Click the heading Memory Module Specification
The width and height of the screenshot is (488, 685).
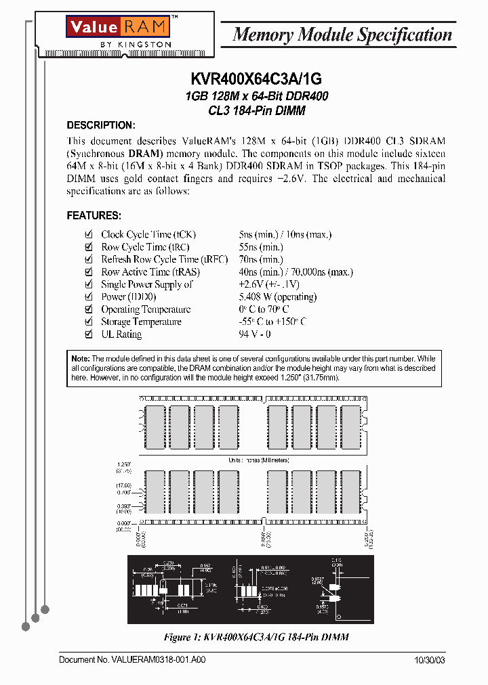(x=342, y=35)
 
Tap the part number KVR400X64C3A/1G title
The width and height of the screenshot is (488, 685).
(x=257, y=80)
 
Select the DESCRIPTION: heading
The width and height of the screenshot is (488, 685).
(x=101, y=125)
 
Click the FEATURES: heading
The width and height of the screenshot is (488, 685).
(x=94, y=216)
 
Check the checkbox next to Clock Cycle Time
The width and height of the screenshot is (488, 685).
(x=87, y=235)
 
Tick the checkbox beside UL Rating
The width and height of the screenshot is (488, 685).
(x=87, y=334)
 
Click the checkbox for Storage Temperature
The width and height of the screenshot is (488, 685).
(x=87, y=322)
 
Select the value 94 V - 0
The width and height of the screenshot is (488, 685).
(x=255, y=334)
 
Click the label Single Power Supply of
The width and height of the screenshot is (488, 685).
(x=147, y=284)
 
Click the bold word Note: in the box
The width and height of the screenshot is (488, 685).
(x=80, y=359)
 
